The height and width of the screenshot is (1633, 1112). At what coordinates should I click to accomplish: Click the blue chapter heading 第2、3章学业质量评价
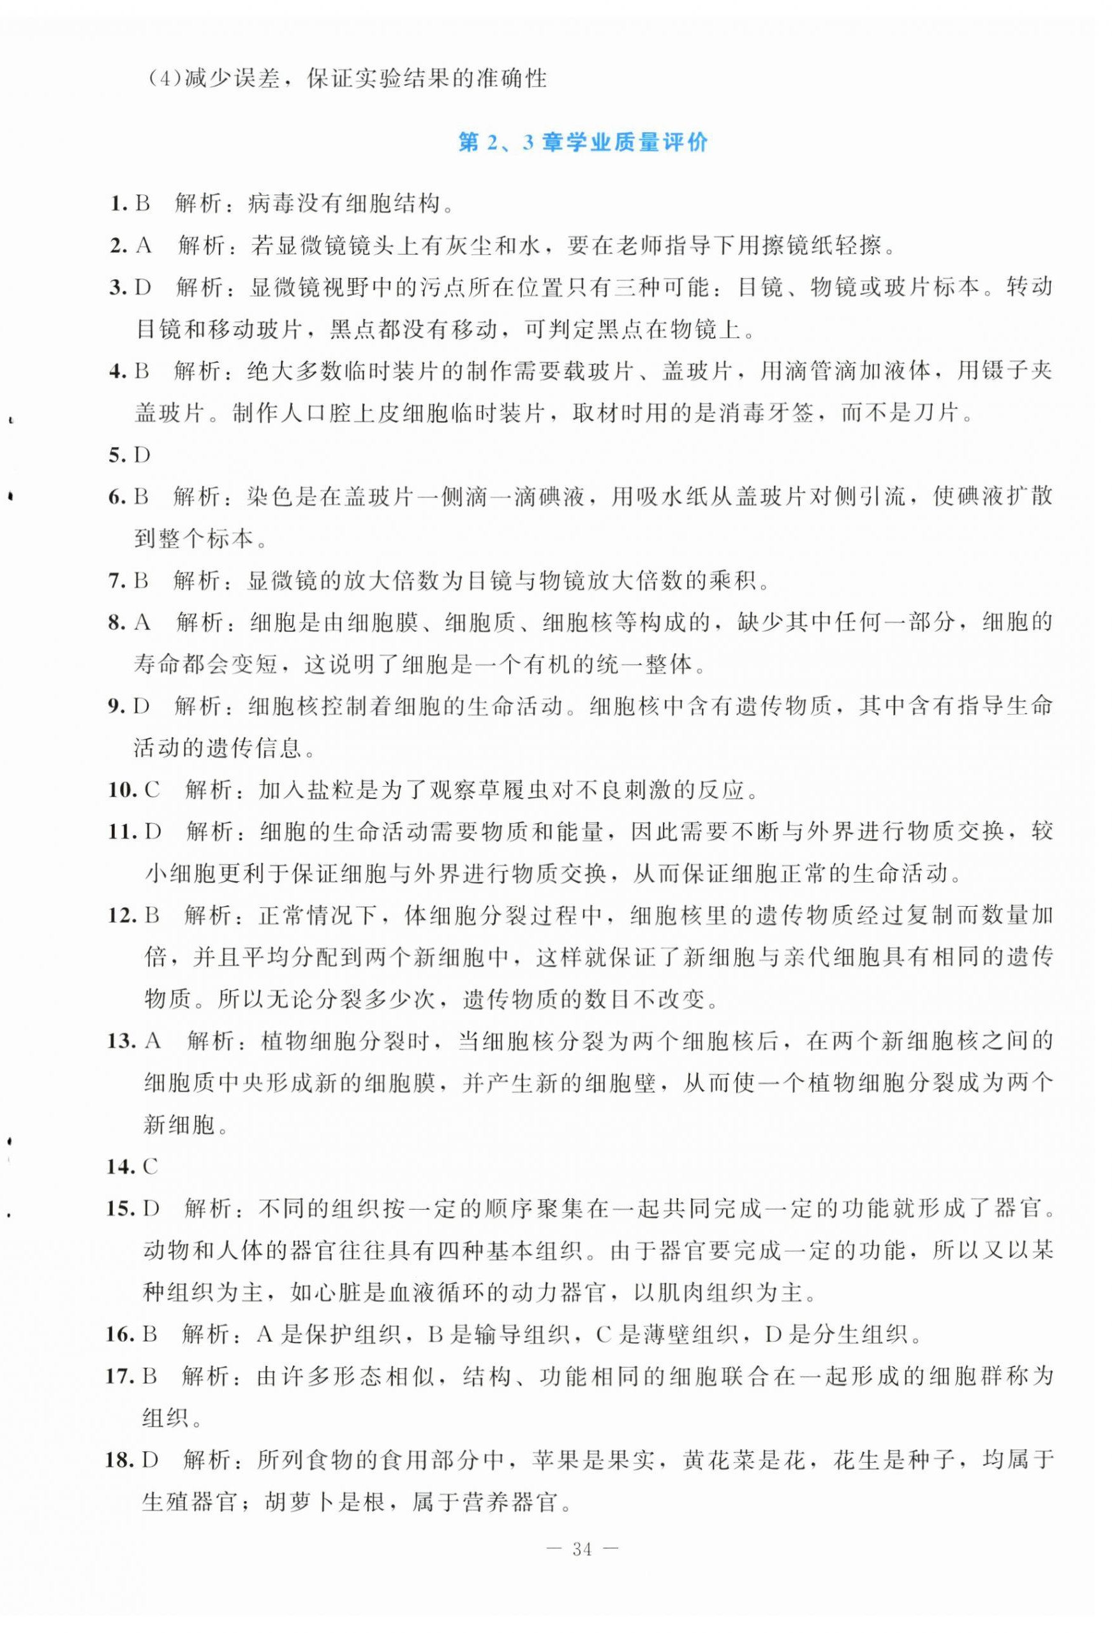click(582, 143)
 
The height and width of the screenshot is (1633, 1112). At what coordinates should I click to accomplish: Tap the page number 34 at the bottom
click(582, 1569)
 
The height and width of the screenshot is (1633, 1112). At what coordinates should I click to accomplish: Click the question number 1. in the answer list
click(118, 205)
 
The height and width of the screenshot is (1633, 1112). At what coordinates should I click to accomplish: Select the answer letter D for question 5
click(143, 455)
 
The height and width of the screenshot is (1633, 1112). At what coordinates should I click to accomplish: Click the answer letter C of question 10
click(152, 791)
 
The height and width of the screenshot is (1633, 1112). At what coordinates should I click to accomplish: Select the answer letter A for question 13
click(152, 1041)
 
